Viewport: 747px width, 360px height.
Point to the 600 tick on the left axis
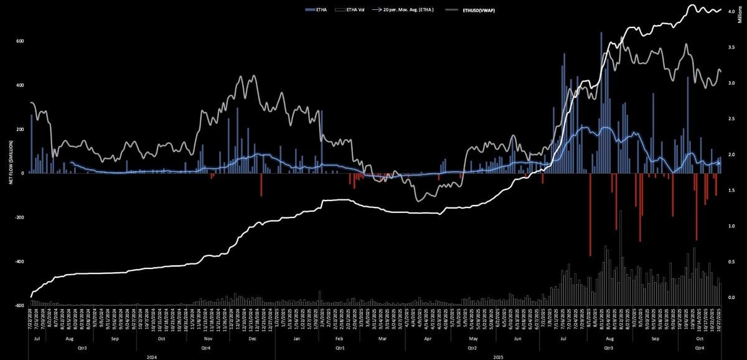tap(20, 42)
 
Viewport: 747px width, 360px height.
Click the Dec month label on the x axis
tap(252, 339)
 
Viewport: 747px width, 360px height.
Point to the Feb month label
tap(339, 339)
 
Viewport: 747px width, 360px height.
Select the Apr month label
tap(427, 339)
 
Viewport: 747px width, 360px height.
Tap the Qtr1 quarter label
tap(339, 347)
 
